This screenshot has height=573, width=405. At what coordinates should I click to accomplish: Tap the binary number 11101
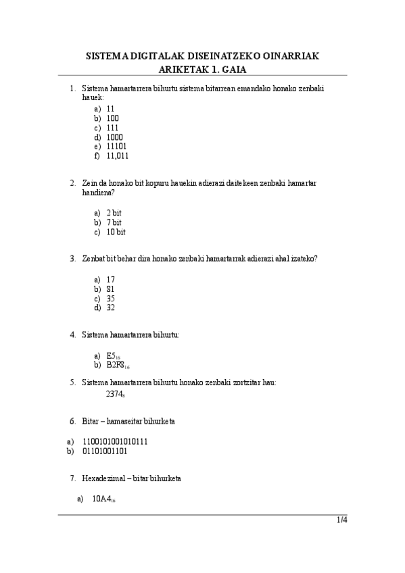click(x=116, y=146)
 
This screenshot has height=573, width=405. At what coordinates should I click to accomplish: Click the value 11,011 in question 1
click(x=118, y=155)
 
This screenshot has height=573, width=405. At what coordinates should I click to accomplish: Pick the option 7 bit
click(x=114, y=222)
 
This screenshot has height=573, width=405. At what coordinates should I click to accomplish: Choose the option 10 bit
click(x=116, y=232)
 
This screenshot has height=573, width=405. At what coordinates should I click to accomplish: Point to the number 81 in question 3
click(x=111, y=289)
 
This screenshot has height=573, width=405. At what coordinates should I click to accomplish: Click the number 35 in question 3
click(x=111, y=298)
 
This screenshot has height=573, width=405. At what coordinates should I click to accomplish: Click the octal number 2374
click(x=116, y=393)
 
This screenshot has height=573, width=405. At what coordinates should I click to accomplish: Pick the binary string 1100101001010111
click(x=115, y=441)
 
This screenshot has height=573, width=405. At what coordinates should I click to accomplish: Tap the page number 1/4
click(x=342, y=520)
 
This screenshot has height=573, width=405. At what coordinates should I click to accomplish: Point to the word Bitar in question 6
click(x=91, y=422)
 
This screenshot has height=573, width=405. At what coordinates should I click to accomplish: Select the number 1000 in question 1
click(x=115, y=136)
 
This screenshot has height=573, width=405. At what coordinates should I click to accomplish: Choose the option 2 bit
click(x=114, y=213)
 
